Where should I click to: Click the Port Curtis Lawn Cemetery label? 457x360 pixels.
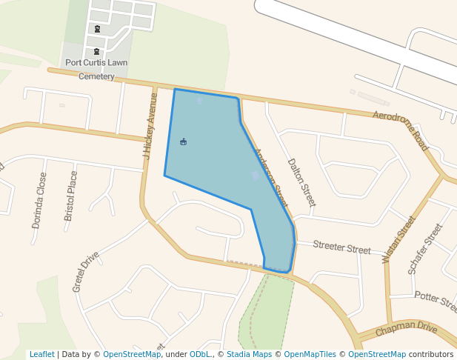tap(96, 69)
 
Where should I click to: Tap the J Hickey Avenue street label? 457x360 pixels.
tap(150, 126)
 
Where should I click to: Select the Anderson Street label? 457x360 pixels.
tap(270, 178)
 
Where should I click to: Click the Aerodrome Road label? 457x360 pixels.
tap(401, 130)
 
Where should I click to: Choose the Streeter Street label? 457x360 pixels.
tap(341, 247)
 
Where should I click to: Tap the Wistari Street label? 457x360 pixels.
tap(398, 239)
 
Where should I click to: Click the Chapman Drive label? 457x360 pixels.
tap(407, 329)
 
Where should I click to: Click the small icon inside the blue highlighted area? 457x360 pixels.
tap(184, 141)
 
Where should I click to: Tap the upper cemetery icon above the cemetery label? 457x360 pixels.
tap(97, 29)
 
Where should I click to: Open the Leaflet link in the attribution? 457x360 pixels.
tap(41, 354)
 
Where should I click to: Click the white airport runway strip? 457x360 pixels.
tap(356, 37)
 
